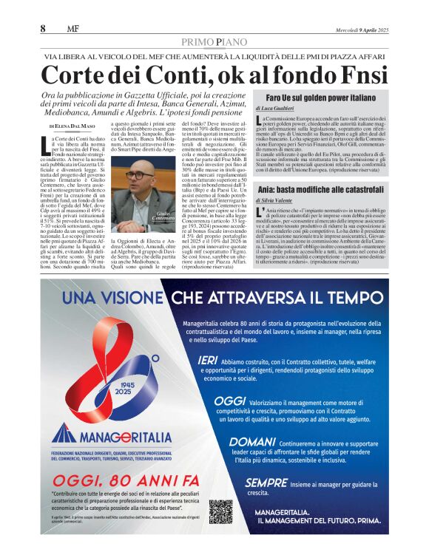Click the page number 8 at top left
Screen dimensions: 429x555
pyautogui.click(x=44, y=29)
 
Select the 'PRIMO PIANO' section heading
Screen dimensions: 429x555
pyautogui.click(x=214, y=42)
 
